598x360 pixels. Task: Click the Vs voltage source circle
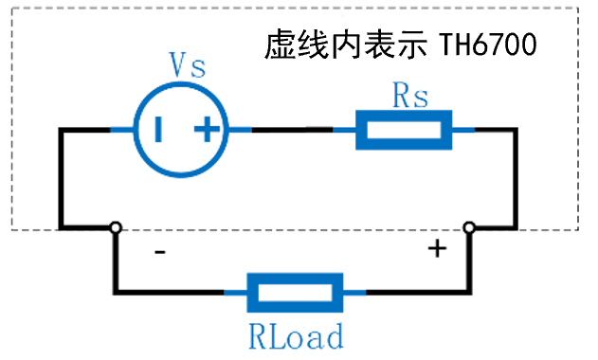181,129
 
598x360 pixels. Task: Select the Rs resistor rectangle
404,129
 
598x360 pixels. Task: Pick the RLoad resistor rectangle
295,292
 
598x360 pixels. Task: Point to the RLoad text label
295,335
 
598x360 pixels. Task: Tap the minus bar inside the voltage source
158,129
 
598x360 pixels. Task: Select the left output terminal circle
115,227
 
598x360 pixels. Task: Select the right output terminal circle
468,227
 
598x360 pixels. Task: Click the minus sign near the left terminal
159,253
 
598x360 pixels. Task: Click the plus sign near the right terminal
436,249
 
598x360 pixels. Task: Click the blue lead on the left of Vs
120,129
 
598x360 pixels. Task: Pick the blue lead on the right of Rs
464,129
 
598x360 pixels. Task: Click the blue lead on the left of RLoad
236,292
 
